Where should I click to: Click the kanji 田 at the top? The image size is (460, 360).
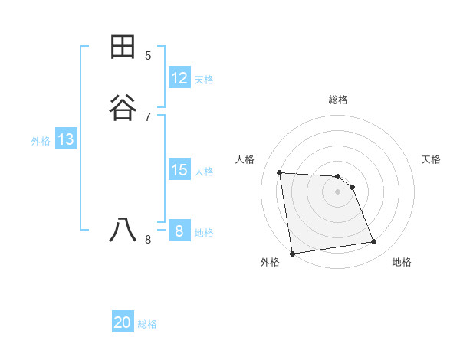point(123,47)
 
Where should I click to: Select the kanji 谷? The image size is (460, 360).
point(123,108)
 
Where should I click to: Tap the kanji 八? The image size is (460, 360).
point(123,230)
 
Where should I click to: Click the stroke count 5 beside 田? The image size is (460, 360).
point(148,55)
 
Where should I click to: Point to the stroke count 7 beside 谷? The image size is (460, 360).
point(148,116)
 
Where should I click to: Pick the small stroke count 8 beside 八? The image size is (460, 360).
point(148,239)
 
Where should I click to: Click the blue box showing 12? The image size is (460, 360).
point(179,77)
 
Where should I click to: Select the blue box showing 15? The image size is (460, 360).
point(179,170)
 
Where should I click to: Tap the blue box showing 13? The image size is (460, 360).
point(66,139)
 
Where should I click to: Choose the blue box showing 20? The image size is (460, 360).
point(123,322)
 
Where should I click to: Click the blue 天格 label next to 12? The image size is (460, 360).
point(204,80)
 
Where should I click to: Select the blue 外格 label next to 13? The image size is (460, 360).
point(41,141)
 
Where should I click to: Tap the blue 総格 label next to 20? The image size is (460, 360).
point(147,325)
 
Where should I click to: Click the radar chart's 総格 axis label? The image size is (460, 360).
point(338,100)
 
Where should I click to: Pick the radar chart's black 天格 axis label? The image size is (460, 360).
point(432,159)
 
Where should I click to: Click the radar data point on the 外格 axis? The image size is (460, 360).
point(292,253)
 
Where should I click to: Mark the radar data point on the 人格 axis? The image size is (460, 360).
point(280,172)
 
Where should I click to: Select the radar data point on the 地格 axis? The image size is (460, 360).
point(374,242)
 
